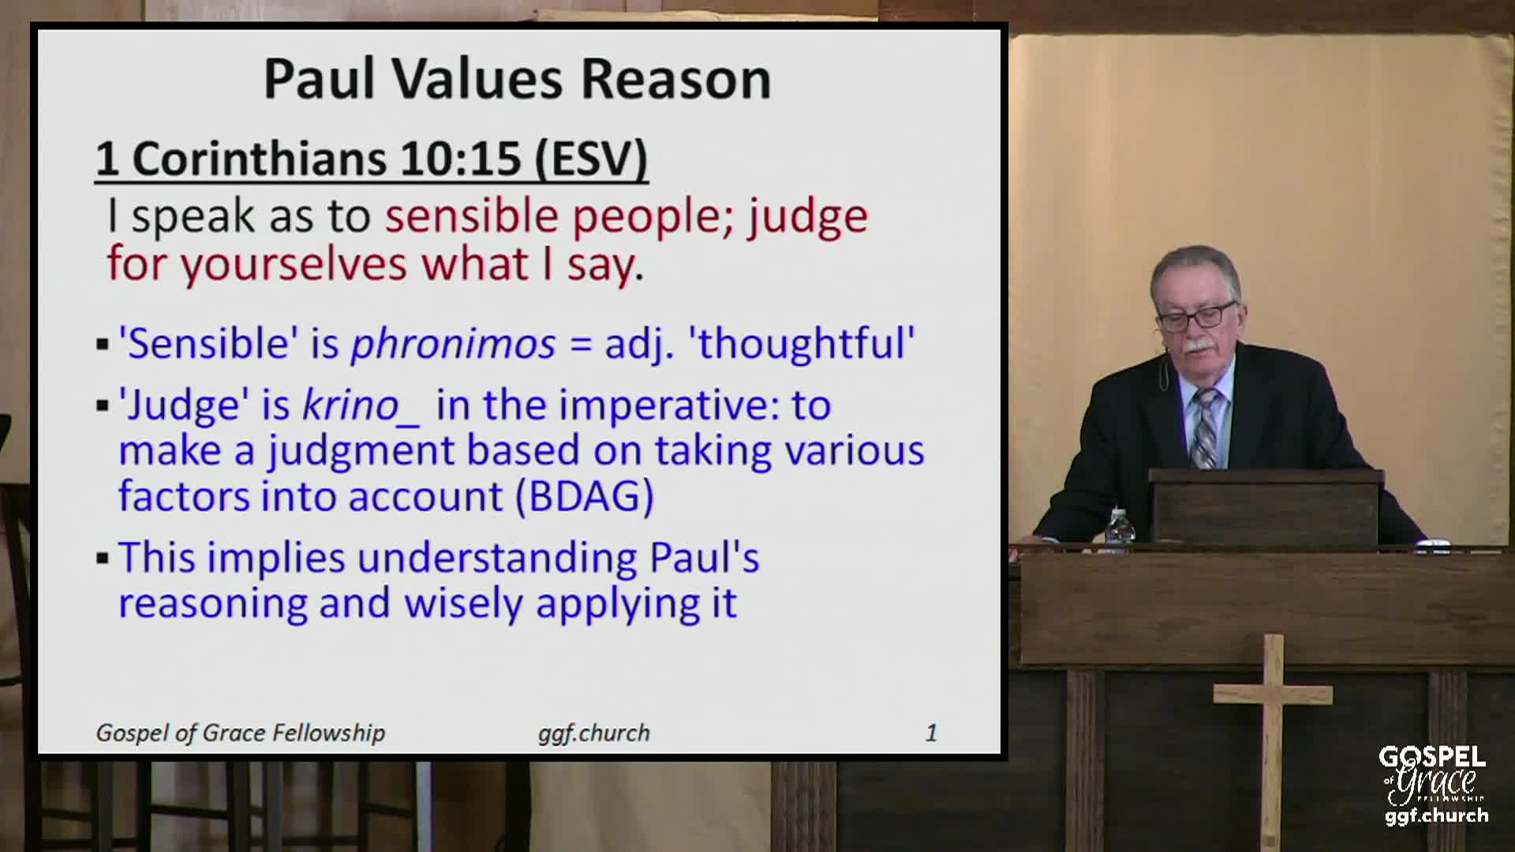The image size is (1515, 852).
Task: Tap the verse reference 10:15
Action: tap(460, 159)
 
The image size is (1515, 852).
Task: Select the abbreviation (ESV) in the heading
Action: tap(591, 159)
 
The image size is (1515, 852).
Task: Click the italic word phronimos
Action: tap(453, 344)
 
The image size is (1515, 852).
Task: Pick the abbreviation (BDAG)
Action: tap(584, 497)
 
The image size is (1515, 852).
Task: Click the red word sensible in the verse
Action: tap(471, 216)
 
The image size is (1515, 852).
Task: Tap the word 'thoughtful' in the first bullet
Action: tap(806, 344)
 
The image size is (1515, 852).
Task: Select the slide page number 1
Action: tap(931, 733)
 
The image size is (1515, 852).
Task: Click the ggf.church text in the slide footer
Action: tap(593, 733)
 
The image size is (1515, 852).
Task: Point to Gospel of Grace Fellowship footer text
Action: tap(240, 733)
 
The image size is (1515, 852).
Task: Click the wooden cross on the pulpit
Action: tap(1271, 710)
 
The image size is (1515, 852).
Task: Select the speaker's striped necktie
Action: tap(1205, 430)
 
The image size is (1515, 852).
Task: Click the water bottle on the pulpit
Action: tap(1119, 526)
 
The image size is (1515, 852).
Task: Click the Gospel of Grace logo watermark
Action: tap(1434, 785)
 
